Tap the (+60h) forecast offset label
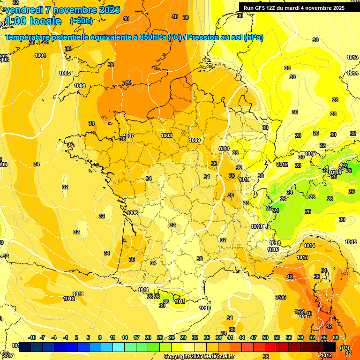pos(81,21)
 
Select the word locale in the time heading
pos(45,21)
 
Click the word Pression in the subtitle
pos(205,37)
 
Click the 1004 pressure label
pos(40,55)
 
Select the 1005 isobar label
pos(65,73)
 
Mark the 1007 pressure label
pos(128,136)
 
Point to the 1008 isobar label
pos(166,135)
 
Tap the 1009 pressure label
pos(195,140)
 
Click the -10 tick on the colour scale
pos(32,337)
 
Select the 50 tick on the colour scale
pos(265,337)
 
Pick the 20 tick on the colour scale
pos(148,337)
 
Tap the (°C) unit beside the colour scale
pos(345,347)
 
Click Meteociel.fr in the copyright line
pos(219,356)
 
